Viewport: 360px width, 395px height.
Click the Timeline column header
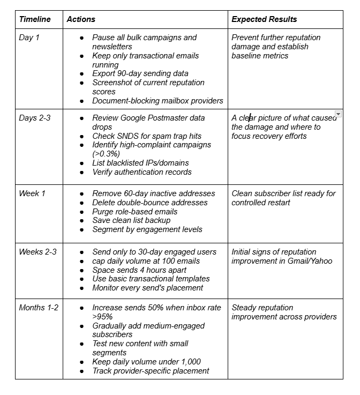click(35, 19)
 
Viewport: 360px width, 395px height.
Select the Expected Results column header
click(264, 19)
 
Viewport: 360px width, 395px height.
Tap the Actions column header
click(81, 19)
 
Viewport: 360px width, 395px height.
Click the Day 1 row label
click(29, 38)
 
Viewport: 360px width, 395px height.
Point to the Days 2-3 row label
click(34, 118)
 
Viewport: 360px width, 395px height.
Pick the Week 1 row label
click(32, 193)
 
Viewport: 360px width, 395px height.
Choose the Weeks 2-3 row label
click(37, 252)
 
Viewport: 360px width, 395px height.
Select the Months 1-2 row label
click(39, 308)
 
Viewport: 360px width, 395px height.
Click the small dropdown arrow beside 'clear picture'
click(338, 114)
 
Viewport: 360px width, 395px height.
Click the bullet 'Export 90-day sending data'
click(140, 73)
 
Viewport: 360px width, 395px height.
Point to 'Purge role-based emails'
click(134, 211)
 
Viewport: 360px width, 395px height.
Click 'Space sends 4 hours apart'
click(139, 270)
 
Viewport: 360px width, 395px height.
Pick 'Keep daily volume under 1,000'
click(146, 362)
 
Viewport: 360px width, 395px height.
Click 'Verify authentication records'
click(141, 172)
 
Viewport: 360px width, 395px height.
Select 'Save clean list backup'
click(131, 220)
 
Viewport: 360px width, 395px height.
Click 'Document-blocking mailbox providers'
click(157, 101)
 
